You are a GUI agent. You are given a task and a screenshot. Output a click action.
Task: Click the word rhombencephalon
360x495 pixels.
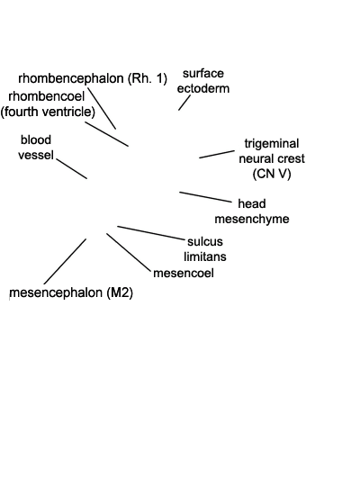(71, 78)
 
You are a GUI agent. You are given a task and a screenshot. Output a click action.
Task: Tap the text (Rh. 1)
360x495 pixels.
(148, 78)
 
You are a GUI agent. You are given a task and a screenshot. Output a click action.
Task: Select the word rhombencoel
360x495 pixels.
(47, 96)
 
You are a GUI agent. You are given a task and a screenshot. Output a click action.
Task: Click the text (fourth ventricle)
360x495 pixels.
(48, 112)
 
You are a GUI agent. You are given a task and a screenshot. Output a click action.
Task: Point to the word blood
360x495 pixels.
(36, 139)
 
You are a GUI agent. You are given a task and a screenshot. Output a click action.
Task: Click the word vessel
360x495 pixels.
(36, 155)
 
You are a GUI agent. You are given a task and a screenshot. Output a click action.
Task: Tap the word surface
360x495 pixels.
(203, 73)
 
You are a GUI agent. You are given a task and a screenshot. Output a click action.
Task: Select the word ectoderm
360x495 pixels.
(203, 88)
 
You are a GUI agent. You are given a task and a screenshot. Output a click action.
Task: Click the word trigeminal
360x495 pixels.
(272, 144)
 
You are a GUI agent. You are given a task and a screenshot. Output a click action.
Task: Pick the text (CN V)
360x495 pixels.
(272, 174)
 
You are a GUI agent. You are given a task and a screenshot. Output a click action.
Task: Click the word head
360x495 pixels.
(252, 203)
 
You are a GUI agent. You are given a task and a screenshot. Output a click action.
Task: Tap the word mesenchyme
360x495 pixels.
(252, 219)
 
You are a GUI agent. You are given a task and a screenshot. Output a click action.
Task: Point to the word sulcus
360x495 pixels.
(205, 241)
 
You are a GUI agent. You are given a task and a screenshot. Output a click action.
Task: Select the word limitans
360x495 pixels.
(205, 256)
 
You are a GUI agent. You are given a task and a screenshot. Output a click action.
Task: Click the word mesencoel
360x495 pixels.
(184, 273)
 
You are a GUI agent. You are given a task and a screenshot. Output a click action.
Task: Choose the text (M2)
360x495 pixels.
(120, 292)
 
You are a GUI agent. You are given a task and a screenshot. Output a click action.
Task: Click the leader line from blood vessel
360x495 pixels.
(72, 168)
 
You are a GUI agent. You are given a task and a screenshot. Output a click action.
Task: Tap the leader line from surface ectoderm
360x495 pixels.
(184, 103)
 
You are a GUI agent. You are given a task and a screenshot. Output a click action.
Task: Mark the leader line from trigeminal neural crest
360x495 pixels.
(217, 154)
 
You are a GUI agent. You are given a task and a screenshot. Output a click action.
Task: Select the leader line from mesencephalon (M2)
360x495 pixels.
(65, 261)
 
